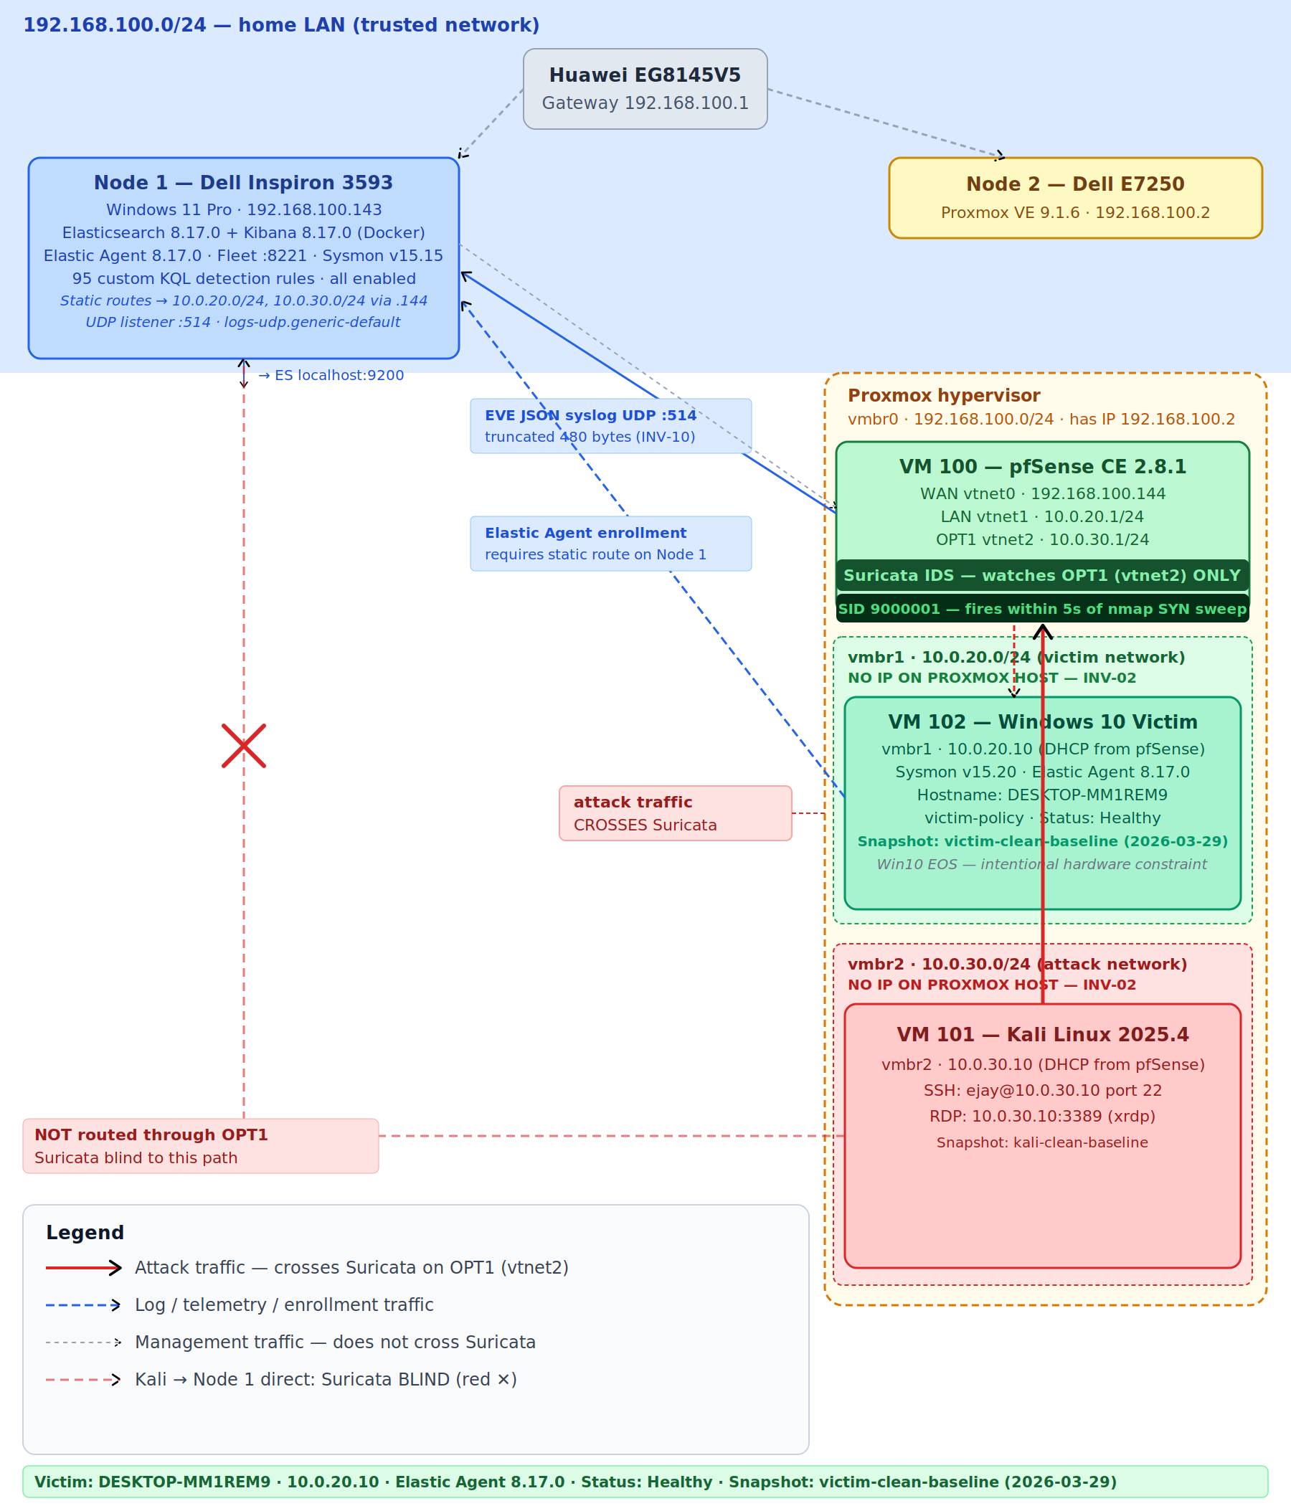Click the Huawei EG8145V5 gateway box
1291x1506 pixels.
click(x=645, y=89)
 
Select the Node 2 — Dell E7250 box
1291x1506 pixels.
click(x=1075, y=197)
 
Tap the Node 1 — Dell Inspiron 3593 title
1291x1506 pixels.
click(x=243, y=182)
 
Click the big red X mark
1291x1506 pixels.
click(x=244, y=745)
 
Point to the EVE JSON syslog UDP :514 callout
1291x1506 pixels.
click(x=610, y=425)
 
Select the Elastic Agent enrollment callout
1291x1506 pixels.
click(x=610, y=543)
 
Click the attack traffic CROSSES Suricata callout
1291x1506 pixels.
click(x=675, y=813)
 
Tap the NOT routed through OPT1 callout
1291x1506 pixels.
click(x=200, y=1145)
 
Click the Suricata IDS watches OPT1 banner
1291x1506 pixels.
click(x=1041, y=575)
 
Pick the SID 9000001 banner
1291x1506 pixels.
click(x=1041, y=608)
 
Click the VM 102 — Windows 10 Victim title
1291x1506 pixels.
click(x=1041, y=721)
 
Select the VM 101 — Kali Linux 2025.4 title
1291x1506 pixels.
click(x=1041, y=1034)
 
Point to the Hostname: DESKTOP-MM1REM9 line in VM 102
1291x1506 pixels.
click(x=1041, y=795)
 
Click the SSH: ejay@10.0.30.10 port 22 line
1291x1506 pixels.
click(x=1041, y=1090)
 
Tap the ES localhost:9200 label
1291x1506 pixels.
click(x=331, y=375)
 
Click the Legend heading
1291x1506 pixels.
click(x=85, y=1233)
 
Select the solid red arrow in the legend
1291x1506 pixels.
click(x=83, y=1268)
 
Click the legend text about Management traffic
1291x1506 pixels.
click(x=334, y=1342)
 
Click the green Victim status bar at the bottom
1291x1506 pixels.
click(x=645, y=1482)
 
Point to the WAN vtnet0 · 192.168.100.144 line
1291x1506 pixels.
click(x=1041, y=493)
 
